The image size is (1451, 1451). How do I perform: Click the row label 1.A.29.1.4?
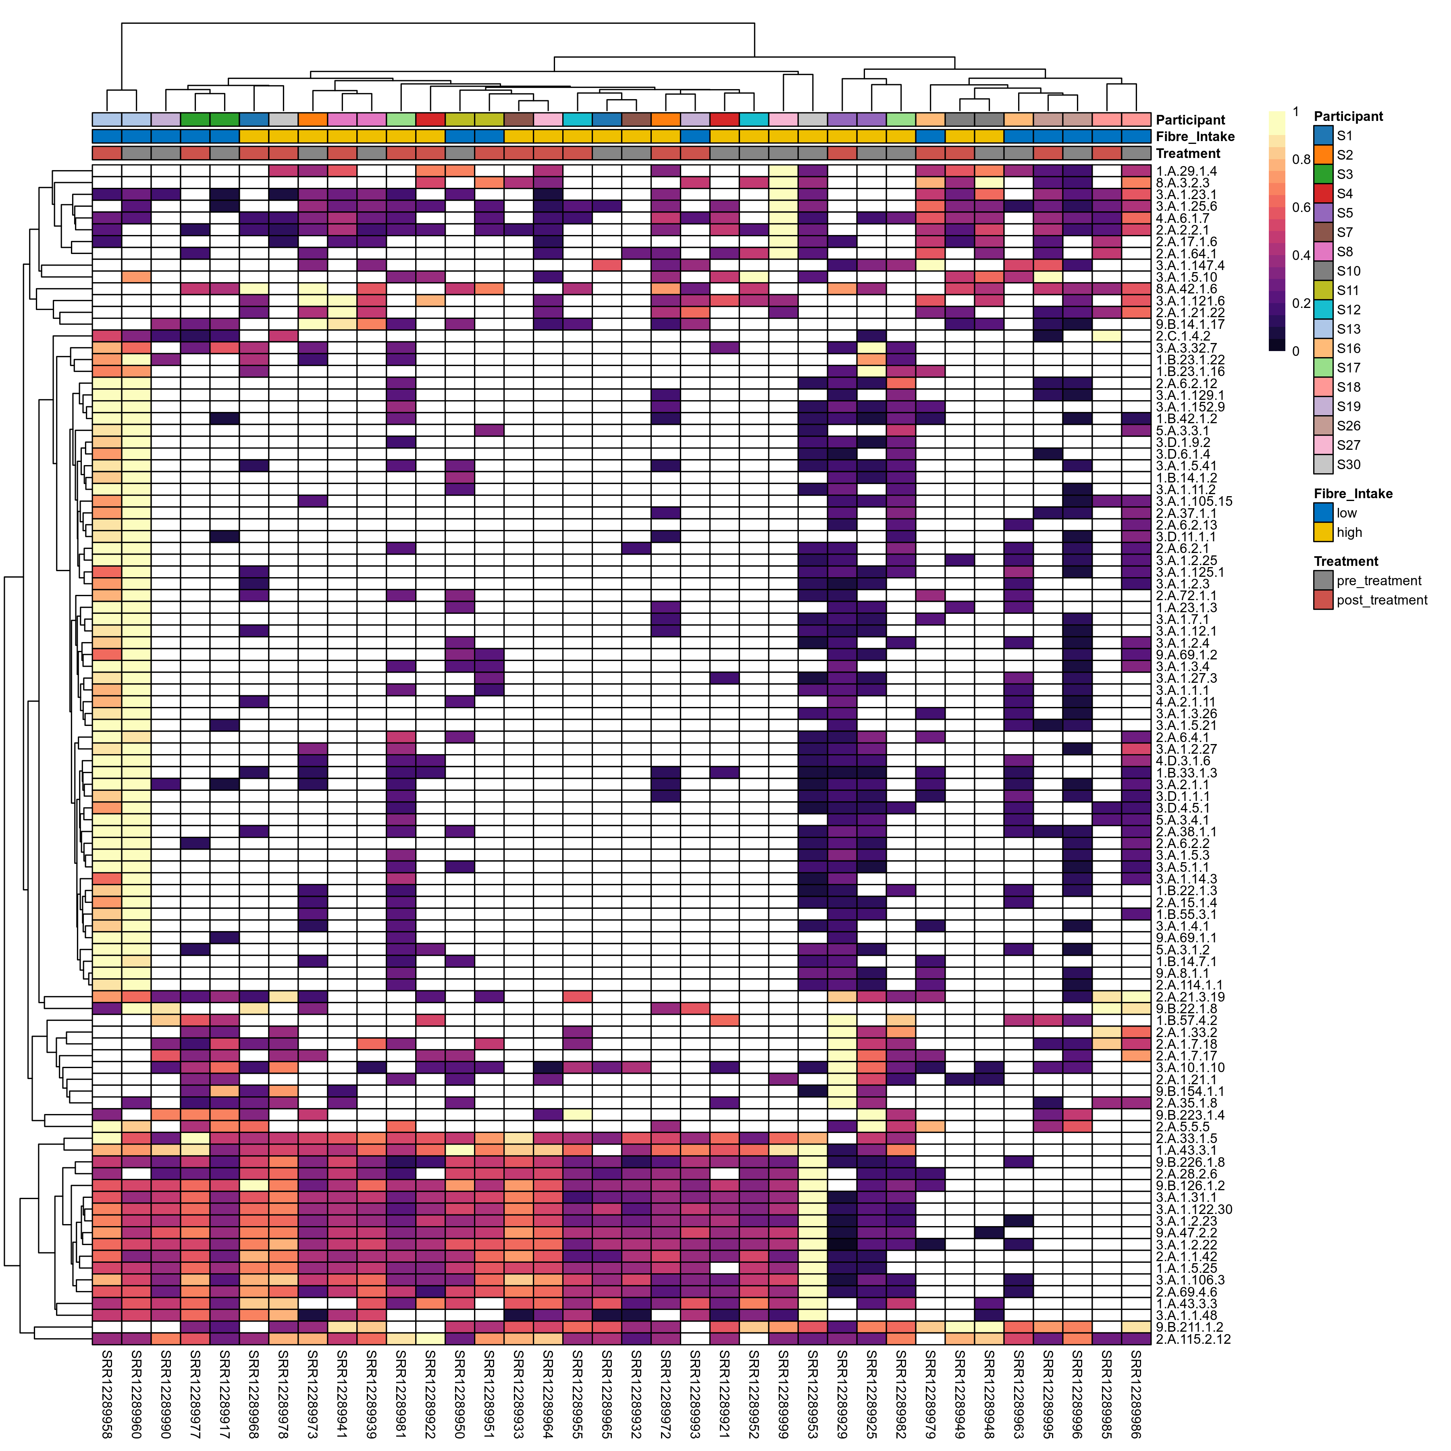(1187, 171)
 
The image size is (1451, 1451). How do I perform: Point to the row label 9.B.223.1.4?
(1190, 1115)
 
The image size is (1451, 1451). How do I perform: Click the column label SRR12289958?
(107, 1394)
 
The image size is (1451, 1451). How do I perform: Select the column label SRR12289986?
(1136, 1394)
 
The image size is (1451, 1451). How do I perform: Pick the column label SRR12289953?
(813, 1394)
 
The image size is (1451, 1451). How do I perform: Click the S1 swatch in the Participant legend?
(1323, 136)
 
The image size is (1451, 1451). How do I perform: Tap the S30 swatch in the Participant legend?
(1323, 465)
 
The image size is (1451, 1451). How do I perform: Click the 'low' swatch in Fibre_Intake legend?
(1323, 513)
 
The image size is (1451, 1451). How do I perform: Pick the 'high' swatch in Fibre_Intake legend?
(1323, 532)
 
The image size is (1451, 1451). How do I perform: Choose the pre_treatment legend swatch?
(1323, 580)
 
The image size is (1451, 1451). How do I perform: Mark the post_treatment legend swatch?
(1323, 600)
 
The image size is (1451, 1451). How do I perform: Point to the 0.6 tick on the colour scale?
(1301, 207)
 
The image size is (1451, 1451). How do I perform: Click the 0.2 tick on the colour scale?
(1301, 304)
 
